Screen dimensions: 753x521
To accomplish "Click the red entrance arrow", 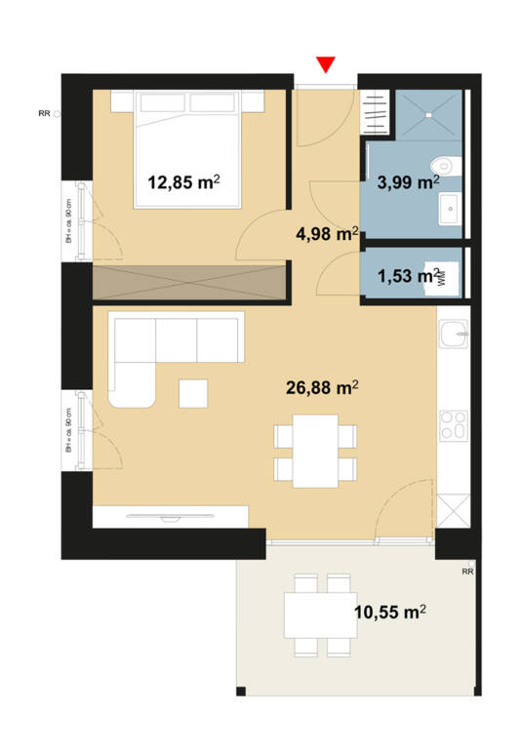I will pos(327,64).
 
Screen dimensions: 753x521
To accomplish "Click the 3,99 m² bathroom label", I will pos(408,180).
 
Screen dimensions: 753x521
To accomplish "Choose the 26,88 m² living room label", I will pos(321,388).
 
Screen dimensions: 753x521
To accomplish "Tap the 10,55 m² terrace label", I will pos(388,612).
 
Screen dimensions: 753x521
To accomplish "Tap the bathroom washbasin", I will pos(451,206).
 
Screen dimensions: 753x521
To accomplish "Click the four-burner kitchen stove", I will pos(453,425).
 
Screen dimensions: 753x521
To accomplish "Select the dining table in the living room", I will pos(314,450).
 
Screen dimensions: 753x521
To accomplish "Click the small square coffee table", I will pos(193,392).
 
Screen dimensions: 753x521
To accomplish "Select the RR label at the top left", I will pos(44,114).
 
